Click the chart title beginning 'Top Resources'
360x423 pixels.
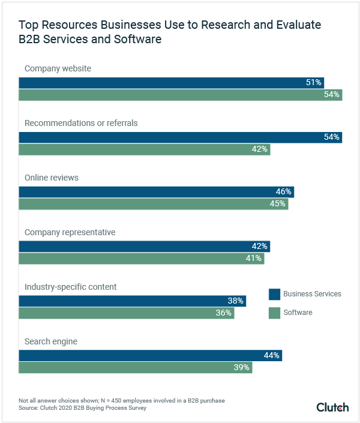click(x=170, y=32)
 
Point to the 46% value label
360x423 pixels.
click(x=284, y=192)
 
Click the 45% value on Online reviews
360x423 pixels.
click(x=278, y=204)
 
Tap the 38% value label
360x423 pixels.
click(x=236, y=301)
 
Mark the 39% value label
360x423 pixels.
click(x=242, y=368)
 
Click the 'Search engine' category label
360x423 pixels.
click(x=51, y=341)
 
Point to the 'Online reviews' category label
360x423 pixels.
click(x=52, y=178)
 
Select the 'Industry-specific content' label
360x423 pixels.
click(x=70, y=287)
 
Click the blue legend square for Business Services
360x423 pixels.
click(x=274, y=294)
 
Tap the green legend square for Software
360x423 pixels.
click(x=274, y=313)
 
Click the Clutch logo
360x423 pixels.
click(x=332, y=407)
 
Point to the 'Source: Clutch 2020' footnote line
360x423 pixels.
click(x=82, y=408)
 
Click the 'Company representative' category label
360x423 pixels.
click(x=70, y=232)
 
